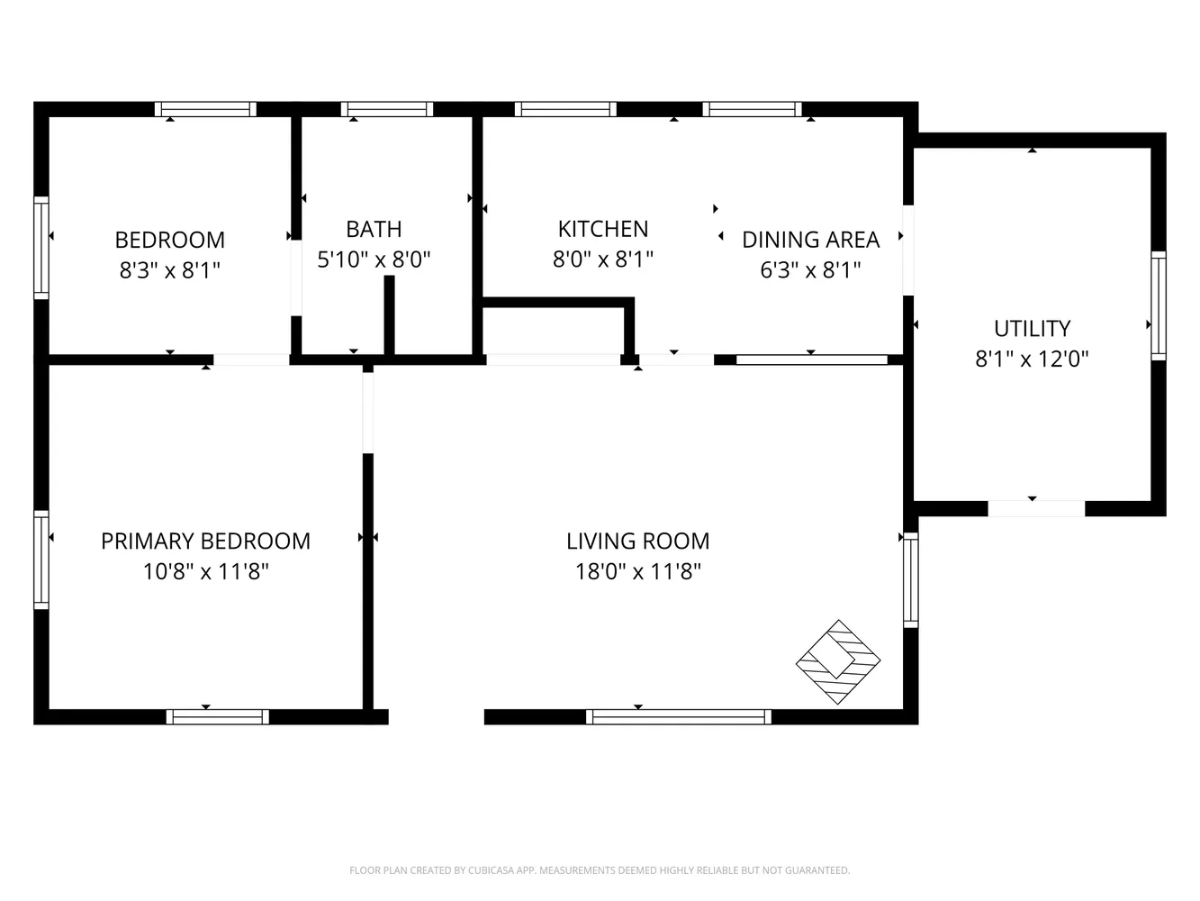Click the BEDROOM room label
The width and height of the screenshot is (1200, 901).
tap(169, 240)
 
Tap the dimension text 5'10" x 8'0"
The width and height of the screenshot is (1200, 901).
tap(374, 260)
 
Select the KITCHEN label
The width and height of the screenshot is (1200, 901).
tap(602, 229)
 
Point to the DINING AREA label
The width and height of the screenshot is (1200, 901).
tap(810, 240)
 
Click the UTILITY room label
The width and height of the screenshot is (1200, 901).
tap(1032, 328)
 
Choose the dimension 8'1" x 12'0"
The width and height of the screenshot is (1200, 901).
tap(1032, 359)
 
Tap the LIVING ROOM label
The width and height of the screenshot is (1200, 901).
tap(637, 541)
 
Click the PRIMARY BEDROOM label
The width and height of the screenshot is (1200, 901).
tap(205, 541)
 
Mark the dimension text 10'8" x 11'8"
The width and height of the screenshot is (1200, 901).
tap(205, 571)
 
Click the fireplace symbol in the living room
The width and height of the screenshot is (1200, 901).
tap(837, 662)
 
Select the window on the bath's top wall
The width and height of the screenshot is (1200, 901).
tap(387, 109)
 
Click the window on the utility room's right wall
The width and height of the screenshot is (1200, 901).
tap(1159, 305)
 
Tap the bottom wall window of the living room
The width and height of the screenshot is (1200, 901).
tap(679, 717)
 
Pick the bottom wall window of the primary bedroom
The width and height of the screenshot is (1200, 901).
tap(218, 717)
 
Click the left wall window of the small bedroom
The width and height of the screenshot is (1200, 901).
tap(41, 247)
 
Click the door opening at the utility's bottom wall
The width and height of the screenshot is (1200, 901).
tap(1036, 509)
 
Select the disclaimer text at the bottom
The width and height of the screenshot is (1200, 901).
tap(600, 870)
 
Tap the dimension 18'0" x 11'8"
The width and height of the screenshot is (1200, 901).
tap(637, 571)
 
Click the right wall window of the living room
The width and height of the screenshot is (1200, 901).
tap(910, 579)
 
